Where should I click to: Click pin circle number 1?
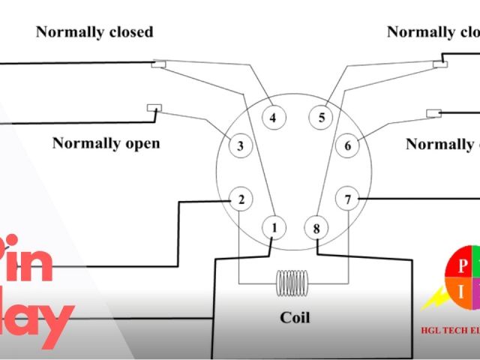274,227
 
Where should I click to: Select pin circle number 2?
241,199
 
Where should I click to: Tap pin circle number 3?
240,145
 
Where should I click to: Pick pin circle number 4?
273,118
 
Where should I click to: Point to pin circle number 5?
322,118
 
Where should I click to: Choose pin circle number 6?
347,145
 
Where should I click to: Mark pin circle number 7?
347,199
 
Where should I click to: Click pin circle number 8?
316,227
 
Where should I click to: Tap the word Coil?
295,317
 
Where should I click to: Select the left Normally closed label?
94,31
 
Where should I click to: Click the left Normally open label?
106,142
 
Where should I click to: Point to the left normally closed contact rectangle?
159,64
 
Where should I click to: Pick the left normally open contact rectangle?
155,107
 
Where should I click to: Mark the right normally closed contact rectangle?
440,64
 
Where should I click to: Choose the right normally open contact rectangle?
433,113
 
